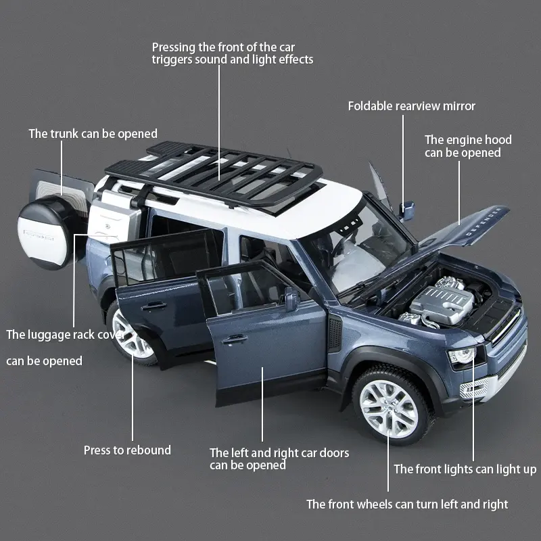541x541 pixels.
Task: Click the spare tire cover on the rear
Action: coord(49,233)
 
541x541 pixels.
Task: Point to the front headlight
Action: coord(463,356)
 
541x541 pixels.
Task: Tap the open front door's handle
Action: coord(235,340)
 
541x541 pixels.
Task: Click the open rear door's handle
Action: coord(154,306)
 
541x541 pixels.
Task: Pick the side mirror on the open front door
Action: coord(291,298)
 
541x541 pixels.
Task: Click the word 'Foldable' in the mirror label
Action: coord(370,106)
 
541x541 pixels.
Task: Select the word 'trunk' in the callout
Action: coord(64,133)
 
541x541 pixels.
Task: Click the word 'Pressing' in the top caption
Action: coord(174,47)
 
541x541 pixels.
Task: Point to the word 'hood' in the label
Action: coord(498,140)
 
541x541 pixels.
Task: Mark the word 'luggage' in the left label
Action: coord(47,335)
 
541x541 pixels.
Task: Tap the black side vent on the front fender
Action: coord(335,333)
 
